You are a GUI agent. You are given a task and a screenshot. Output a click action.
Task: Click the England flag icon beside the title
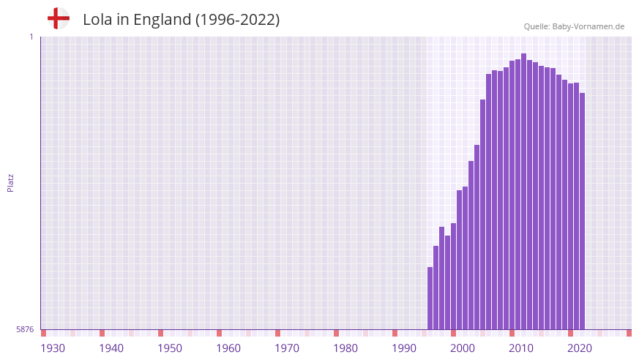58,19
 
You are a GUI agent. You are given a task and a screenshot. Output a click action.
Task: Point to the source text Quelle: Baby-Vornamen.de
574,26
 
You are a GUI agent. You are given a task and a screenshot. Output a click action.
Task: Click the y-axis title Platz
10,183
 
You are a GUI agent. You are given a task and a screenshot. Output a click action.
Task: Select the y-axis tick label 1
31,37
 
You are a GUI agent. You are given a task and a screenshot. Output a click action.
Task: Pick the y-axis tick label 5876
25,330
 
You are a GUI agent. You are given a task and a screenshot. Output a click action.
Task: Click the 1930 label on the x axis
53,348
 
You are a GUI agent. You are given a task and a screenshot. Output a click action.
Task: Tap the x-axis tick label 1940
111,348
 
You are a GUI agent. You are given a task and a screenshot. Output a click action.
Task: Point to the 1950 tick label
170,348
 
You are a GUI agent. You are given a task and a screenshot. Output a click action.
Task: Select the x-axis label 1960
228,348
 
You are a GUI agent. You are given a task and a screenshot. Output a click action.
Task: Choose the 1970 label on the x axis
287,348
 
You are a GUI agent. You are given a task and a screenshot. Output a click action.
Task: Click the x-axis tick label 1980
345,348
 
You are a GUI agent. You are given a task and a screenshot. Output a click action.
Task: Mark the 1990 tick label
404,348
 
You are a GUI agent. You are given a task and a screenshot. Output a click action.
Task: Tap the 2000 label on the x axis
463,348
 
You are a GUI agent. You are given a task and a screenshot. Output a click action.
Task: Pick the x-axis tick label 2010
521,348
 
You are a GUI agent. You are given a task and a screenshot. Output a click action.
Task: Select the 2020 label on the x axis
580,348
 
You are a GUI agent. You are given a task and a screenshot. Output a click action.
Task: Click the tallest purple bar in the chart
523,190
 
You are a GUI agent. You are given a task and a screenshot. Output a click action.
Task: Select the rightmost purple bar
582,212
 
